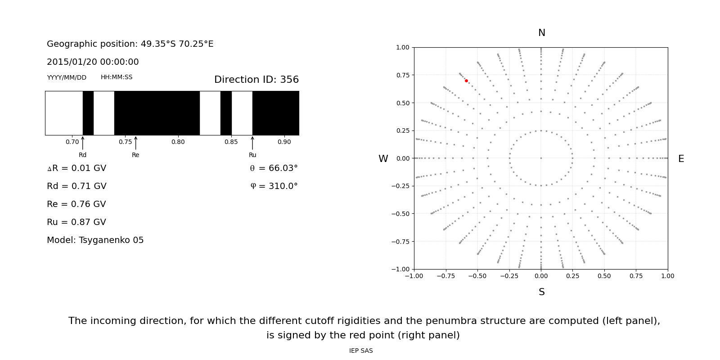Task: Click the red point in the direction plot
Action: (x=466, y=81)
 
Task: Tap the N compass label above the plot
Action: (x=541, y=33)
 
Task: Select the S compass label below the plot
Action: (x=541, y=292)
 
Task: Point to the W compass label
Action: (x=383, y=159)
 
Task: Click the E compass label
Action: (x=681, y=159)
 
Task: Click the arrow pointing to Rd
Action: (x=82, y=143)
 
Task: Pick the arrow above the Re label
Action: (x=135, y=143)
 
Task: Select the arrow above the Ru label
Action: (x=252, y=143)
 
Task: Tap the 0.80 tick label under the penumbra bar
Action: (x=178, y=142)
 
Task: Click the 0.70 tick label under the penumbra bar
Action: (x=72, y=142)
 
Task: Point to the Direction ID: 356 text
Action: (x=256, y=80)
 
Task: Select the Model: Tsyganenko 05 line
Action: (x=95, y=240)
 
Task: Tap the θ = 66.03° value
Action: (x=274, y=168)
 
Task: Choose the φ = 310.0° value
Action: (x=274, y=186)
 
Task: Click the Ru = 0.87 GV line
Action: (x=76, y=222)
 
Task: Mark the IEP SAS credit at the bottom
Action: (x=360, y=351)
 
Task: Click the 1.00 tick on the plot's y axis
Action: (x=402, y=47)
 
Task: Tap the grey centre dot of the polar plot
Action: (x=541, y=158)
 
